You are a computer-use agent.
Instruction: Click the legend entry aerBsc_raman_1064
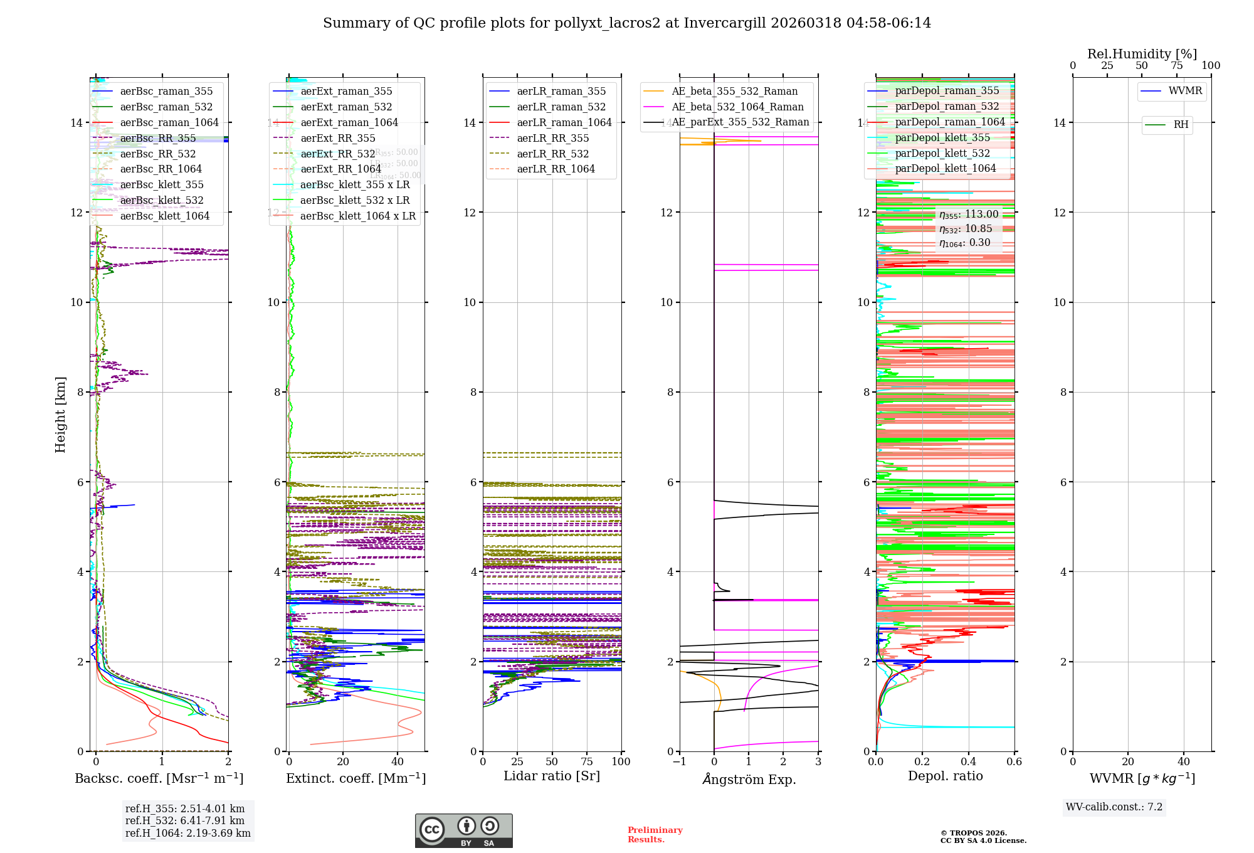coord(169,123)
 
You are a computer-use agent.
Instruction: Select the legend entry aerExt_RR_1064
coord(340,169)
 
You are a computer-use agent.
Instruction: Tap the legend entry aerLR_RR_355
coord(552,139)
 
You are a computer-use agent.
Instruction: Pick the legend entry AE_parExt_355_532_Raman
coord(740,122)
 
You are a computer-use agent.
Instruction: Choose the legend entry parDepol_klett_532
coord(942,154)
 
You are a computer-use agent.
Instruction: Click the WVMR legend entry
coord(1185,91)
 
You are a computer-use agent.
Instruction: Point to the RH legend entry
coord(1181,125)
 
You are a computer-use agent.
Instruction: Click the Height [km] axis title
coord(60,415)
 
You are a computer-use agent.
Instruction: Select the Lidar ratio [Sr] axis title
coord(552,776)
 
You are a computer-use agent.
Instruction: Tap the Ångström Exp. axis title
coord(749,780)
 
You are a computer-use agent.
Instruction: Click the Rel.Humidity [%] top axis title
coord(1142,54)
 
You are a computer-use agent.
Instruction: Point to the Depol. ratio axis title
coord(945,776)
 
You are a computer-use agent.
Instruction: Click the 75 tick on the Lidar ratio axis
coord(587,762)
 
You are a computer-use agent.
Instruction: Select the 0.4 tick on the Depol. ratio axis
coord(968,762)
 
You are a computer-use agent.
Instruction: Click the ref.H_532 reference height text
coord(185,821)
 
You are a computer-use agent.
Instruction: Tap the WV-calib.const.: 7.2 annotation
coord(1114,807)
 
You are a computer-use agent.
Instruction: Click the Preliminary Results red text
coord(655,835)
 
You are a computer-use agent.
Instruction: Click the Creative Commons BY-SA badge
coord(463,831)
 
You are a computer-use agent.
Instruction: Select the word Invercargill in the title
coord(724,23)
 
